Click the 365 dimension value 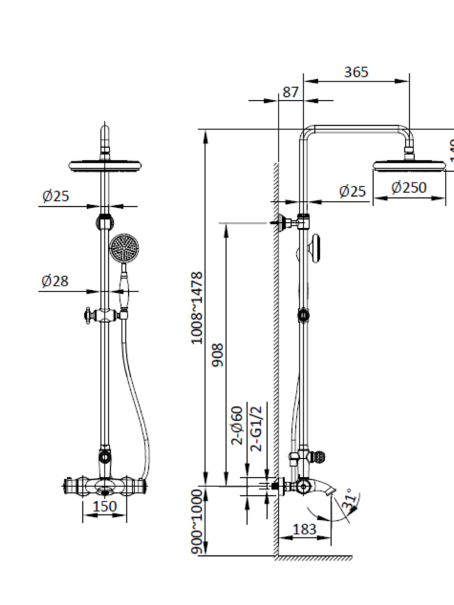pyautogui.click(x=356, y=72)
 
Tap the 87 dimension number pyautogui.click(x=291, y=92)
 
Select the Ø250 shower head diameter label pyautogui.click(x=409, y=188)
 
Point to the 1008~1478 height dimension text pyautogui.click(x=197, y=308)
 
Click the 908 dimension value pyautogui.click(x=218, y=355)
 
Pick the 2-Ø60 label pyautogui.click(x=238, y=425)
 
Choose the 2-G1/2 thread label pyautogui.click(x=257, y=429)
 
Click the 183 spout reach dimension pyautogui.click(x=304, y=529)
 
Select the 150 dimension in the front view pyautogui.click(x=105, y=506)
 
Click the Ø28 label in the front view pyautogui.click(x=55, y=281)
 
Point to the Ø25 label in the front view pyautogui.click(x=55, y=196)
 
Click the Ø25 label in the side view pyautogui.click(x=352, y=191)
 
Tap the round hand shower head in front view pyautogui.click(x=125, y=248)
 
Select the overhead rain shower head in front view pyautogui.click(x=107, y=165)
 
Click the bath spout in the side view pyautogui.click(x=321, y=486)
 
